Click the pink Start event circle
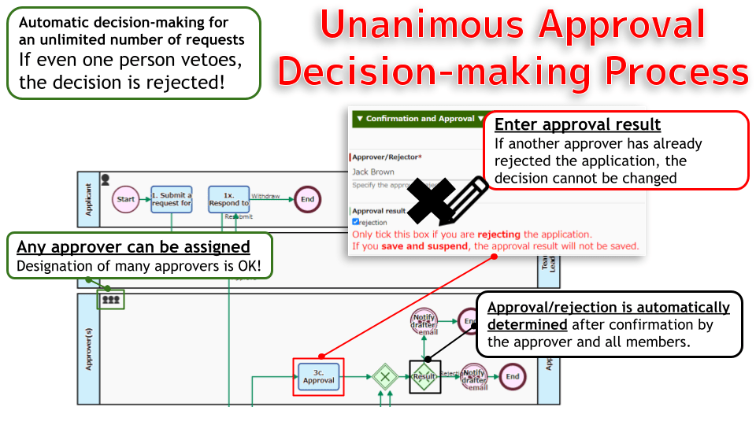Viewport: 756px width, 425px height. [126, 199]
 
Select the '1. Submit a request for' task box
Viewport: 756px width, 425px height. [172, 199]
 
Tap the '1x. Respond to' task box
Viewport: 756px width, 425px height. [228, 199]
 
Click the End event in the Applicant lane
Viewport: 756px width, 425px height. [307, 199]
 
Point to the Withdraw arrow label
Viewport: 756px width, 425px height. [265, 196]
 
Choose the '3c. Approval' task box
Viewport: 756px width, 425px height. [318, 376]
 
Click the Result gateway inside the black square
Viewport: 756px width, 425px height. [424, 376]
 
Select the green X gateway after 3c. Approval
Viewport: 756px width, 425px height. [384, 376]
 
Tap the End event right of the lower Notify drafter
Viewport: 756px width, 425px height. [513, 376]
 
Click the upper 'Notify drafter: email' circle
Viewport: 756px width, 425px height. [424, 322]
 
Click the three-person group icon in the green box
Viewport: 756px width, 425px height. [111, 299]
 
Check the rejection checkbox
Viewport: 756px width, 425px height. [356, 222]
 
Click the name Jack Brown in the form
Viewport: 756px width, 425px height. [373, 172]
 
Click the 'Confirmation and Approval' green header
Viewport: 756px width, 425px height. [417, 119]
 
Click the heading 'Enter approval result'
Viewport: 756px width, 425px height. [577, 125]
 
